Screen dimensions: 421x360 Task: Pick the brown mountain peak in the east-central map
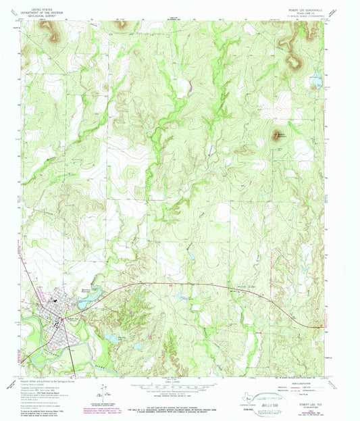point(276,134)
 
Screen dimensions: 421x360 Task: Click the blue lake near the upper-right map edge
point(313,84)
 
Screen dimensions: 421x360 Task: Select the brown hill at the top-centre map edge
point(122,24)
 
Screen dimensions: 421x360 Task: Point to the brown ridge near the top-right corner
point(293,63)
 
